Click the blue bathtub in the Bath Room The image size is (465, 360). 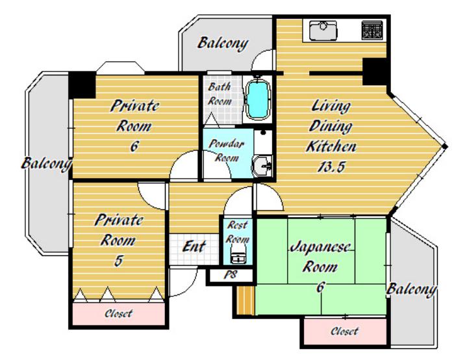tap(258, 99)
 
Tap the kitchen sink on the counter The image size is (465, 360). tap(323, 31)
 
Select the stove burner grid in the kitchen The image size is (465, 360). tap(372, 31)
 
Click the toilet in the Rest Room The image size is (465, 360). tap(237, 257)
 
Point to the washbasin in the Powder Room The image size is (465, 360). tap(262, 166)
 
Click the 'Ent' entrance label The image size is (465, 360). tap(194, 246)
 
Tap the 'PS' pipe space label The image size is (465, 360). tap(231, 275)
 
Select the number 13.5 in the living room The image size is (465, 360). tap(331, 167)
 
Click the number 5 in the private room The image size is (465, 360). tap(118, 261)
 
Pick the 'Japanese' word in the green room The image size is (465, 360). tap(320, 247)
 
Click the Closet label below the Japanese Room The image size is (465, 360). tap(345, 331)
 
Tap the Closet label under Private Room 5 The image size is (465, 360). tap(118, 313)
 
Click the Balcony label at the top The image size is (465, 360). tap(223, 44)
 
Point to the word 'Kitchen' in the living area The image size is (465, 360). tap(331, 147)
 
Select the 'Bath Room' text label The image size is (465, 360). tap(220, 94)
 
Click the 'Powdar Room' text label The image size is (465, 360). tap(226, 151)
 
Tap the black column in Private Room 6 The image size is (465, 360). tap(82, 86)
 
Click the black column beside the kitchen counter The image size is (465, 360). tap(375, 71)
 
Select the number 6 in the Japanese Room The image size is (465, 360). tap(320, 287)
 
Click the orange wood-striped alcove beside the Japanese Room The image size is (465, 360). tap(245, 300)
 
